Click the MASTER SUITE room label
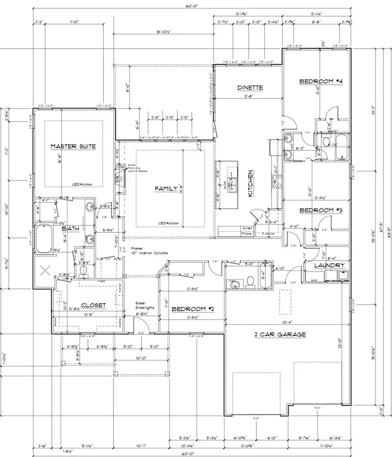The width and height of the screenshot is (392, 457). click(x=73, y=146)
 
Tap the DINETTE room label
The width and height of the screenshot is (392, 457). click(x=250, y=88)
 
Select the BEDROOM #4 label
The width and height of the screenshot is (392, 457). click(x=321, y=82)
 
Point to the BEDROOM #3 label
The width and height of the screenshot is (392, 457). click(x=321, y=210)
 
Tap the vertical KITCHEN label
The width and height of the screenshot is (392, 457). click(x=251, y=183)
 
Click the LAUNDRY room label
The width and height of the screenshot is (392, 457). click(x=329, y=266)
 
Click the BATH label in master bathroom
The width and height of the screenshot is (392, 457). click(x=70, y=228)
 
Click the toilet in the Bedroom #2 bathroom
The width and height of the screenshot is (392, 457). click(x=250, y=282)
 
